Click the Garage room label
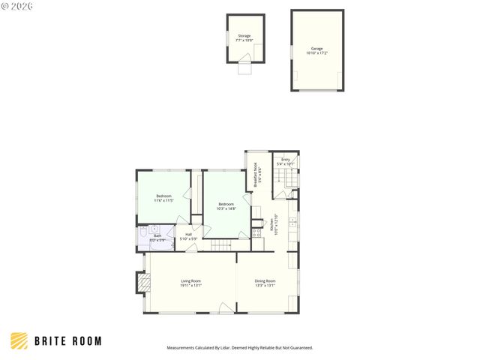tap(317, 50)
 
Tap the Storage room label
tap(244, 37)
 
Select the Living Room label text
tap(190, 283)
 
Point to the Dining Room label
tap(265, 283)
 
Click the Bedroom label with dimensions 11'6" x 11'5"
tap(163, 198)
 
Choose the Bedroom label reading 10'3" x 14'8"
tap(226, 206)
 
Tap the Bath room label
tap(157, 238)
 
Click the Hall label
tap(188, 236)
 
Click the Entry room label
tap(286, 161)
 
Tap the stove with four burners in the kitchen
tap(257, 232)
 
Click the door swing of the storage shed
tap(244, 68)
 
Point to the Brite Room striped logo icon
tap(20, 341)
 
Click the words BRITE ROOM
tap(68, 342)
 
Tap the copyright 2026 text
tap(16, 6)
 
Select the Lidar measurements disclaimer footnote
tap(239, 348)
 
